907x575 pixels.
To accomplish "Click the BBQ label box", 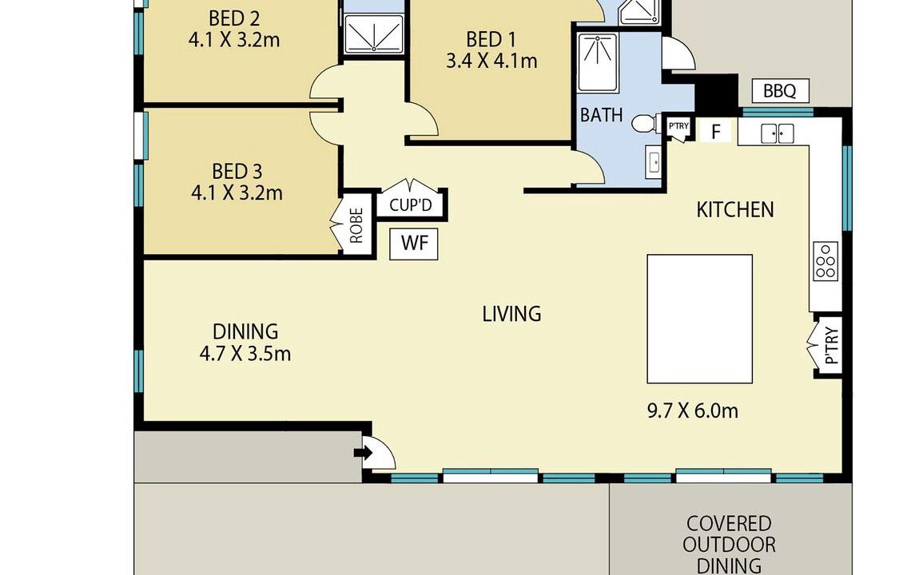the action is pos(780,91).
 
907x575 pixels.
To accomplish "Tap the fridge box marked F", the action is pos(716,132).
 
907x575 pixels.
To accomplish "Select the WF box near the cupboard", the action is pos(414,244).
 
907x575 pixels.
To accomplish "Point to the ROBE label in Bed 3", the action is pos(356,224).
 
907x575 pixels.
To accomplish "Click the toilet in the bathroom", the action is pos(645,123).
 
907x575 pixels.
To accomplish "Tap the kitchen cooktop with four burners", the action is pos(825,260).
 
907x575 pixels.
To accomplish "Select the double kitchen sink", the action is pos(777,133).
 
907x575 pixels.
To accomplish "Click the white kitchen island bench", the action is pos(699,319).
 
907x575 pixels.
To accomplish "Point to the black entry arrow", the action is pos(364,453).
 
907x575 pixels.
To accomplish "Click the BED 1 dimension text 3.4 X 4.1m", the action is pos(491,61).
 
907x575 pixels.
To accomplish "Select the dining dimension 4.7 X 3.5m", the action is pos(245,353).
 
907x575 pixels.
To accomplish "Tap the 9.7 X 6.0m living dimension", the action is pos(692,410).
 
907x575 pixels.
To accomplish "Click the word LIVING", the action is pos(512,314).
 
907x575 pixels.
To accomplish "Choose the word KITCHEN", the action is pos(734,210).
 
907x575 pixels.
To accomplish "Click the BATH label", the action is pos(602,116).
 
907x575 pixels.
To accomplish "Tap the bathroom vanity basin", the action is pos(654,162).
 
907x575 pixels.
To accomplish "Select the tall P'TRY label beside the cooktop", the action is pos(831,346).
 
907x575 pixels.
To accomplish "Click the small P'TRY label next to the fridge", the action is pos(678,126).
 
